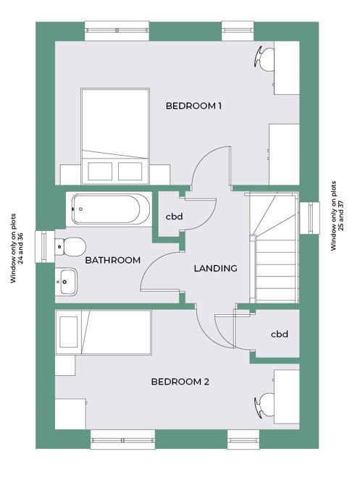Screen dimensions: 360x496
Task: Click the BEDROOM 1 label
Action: click(x=193, y=106)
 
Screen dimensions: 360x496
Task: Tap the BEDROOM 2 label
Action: click(x=180, y=382)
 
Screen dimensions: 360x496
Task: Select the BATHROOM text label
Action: click(x=112, y=260)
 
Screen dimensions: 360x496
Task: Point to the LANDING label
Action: click(x=215, y=268)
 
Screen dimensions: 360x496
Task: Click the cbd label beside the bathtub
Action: click(x=175, y=217)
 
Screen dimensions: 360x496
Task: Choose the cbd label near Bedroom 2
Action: click(x=280, y=334)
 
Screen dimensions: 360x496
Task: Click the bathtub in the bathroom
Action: click(x=109, y=209)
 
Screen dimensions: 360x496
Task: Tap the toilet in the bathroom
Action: click(x=70, y=247)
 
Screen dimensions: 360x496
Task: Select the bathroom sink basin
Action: click(x=66, y=282)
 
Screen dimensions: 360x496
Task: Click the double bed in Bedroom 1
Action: click(x=115, y=136)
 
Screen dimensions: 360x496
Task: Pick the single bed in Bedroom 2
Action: click(x=104, y=332)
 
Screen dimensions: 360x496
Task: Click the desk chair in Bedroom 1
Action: click(x=264, y=59)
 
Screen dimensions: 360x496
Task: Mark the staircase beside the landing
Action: click(x=274, y=248)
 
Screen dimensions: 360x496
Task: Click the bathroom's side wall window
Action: click(x=45, y=247)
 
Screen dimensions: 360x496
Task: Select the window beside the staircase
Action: click(x=310, y=218)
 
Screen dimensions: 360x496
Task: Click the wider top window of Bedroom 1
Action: click(x=117, y=30)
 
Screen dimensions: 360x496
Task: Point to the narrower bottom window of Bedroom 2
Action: click(x=243, y=440)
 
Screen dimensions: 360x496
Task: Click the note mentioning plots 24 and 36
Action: click(x=17, y=248)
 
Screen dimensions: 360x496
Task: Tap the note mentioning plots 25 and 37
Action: click(x=338, y=216)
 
